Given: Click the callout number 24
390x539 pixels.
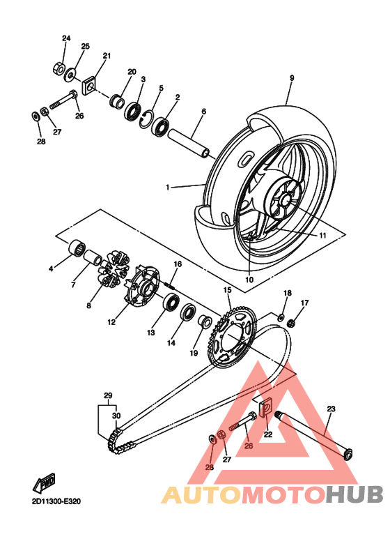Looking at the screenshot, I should [x=66, y=38].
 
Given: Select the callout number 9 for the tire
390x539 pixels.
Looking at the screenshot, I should [x=292, y=77].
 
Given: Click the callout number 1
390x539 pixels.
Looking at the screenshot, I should [x=167, y=188].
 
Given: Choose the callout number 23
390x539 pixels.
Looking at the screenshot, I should [x=331, y=409].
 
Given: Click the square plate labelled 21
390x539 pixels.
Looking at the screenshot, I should [x=90, y=87].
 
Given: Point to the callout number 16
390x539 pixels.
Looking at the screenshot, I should [x=178, y=264].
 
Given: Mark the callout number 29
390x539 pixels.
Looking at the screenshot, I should [x=108, y=395].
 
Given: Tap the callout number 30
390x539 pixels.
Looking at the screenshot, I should [x=116, y=416].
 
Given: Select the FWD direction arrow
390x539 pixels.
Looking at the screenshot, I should [x=46, y=480].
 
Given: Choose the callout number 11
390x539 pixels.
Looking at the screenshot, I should [x=322, y=236].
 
